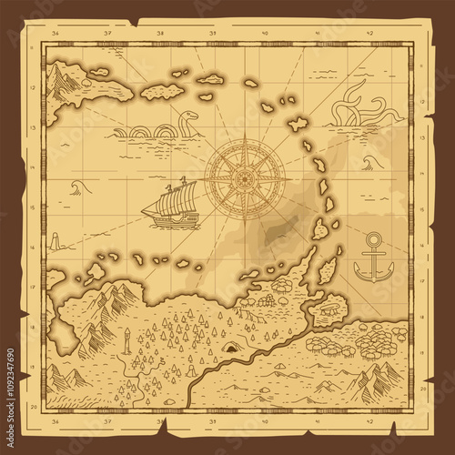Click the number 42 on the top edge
click(x=370, y=34)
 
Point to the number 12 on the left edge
click(x=33, y=88)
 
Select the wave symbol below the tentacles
click(x=369, y=162)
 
